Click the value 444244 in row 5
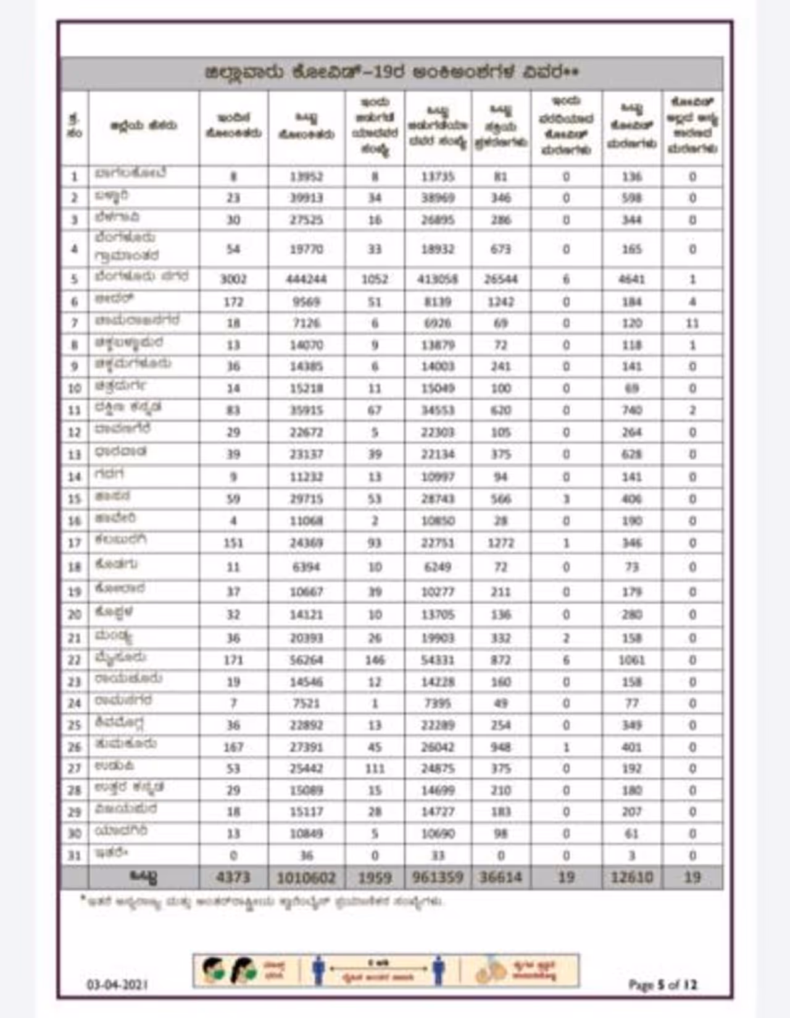click(x=306, y=279)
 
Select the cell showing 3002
click(x=233, y=279)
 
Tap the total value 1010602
click(x=306, y=877)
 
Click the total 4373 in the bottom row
click(x=233, y=877)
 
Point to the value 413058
click(x=437, y=279)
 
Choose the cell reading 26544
click(x=501, y=279)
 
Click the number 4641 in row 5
click(x=631, y=279)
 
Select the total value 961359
click(x=437, y=877)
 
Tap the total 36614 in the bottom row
click(x=501, y=877)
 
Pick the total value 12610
click(x=631, y=877)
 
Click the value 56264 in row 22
click(x=306, y=660)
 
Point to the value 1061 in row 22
click(x=631, y=660)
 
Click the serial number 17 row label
click(x=74, y=543)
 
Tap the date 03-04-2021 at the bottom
click(x=117, y=985)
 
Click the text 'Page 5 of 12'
click(x=662, y=985)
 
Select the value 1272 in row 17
click(x=501, y=543)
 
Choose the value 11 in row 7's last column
click(x=692, y=323)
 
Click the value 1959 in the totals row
click(x=375, y=877)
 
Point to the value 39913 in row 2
click(x=306, y=198)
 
